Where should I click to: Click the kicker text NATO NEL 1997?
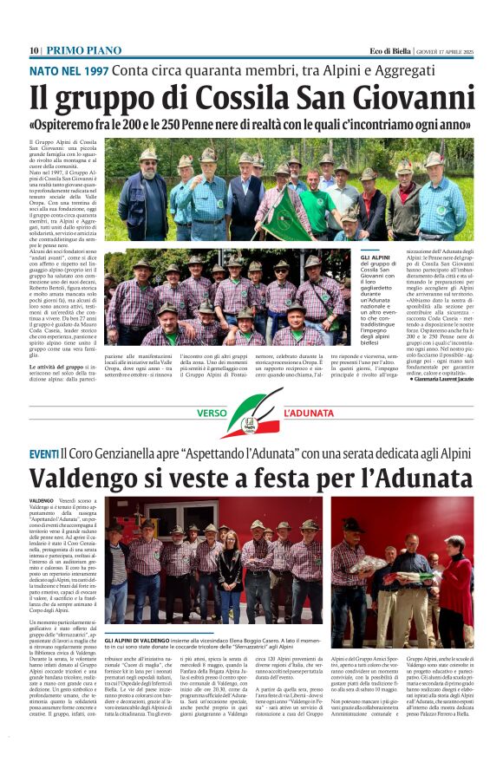tap(69, 69)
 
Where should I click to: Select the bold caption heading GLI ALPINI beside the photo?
tap(374, 257)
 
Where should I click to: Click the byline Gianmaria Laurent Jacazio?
tap(437, 379)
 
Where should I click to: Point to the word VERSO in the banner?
tap(212, 414)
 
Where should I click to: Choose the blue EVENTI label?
tap(44, 454)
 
